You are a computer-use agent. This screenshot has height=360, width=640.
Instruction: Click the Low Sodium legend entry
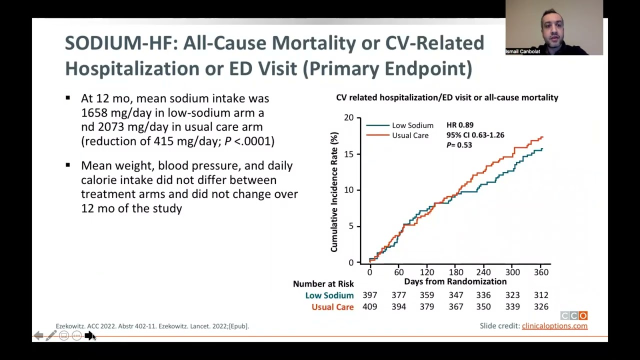click(x=412, y=125)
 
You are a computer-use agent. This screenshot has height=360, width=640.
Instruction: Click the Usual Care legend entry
click(x=409, y=135)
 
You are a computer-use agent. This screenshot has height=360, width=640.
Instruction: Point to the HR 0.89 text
click(x=459, y=125)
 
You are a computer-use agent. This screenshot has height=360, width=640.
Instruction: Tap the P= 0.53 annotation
click(x=459, y=145)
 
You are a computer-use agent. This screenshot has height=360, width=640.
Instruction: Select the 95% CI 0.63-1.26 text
click(x=475, y=135)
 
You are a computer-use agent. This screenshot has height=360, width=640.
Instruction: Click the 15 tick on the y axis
click(x=348, y=154)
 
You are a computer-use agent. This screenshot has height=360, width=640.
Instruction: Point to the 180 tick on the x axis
click(x=455, y=272)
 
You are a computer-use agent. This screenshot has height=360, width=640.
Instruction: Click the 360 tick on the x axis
click(x=541, y=272)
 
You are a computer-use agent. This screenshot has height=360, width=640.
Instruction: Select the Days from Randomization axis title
click(x=455, y=281)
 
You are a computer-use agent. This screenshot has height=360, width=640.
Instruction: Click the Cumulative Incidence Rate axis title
click(x=334, y=192)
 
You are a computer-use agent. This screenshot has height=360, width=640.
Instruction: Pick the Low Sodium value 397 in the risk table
click(x=370, y=295)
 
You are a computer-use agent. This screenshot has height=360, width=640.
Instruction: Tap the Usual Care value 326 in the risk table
click(x=541, y=306)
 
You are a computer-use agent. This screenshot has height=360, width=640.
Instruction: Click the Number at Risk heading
click(x=323, y=284)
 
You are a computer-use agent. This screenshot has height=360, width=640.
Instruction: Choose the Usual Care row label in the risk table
click(x=332, y=307)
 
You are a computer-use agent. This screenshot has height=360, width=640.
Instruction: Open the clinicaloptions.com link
click(x=554, y=326)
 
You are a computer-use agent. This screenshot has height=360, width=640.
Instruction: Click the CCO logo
click(x=573, y=315)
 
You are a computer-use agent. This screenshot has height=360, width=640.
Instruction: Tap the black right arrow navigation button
click(x=89, y=336)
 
